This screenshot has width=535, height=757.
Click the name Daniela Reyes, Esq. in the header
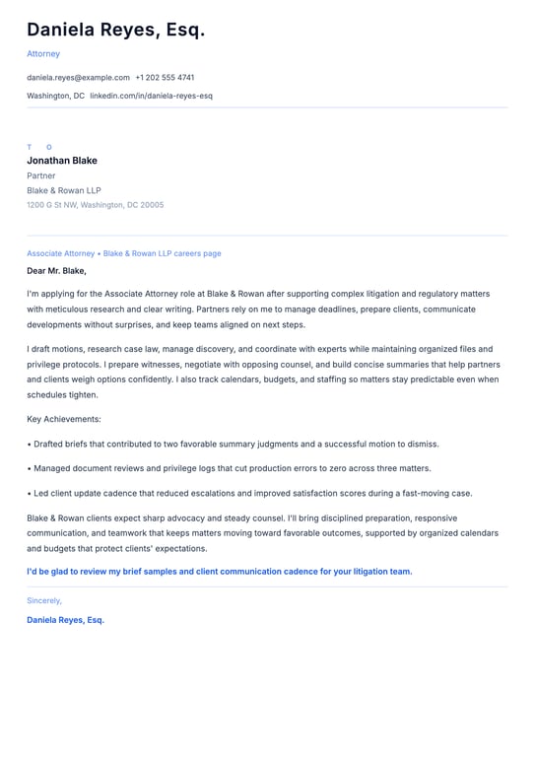[x=116, y=31]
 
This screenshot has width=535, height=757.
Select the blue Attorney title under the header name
[x=43, y=54]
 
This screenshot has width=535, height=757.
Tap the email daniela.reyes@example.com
[x=78, y=77]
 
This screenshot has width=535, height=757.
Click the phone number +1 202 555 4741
[x=165, y=77]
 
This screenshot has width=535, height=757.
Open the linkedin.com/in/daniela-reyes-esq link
[x=151, y=96]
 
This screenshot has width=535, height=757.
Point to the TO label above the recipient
[x=39, y=147]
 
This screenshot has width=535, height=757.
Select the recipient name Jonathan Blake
[x=62, y=161]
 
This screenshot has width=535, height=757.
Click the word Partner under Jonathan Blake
[x=41, y=175]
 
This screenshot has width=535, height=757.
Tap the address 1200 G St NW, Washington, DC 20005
[x=96, y=205]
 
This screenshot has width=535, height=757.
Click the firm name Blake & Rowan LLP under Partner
[x=64, y=190]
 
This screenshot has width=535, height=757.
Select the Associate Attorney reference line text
[x=124, y=253]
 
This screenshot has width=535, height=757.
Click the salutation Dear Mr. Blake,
[x=57, y=270]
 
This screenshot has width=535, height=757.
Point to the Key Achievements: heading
[x=64, y=419]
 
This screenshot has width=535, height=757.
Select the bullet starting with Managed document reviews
[x=229, y=468]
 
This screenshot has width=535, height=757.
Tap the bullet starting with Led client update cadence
[x=249, y=493]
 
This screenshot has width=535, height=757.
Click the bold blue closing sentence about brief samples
[x=220, y=571]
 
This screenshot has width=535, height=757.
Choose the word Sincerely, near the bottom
[x=44, y=600]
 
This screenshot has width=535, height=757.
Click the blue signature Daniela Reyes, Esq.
[x=65, y=620]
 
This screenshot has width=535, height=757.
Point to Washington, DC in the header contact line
[x=55, y=96]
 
